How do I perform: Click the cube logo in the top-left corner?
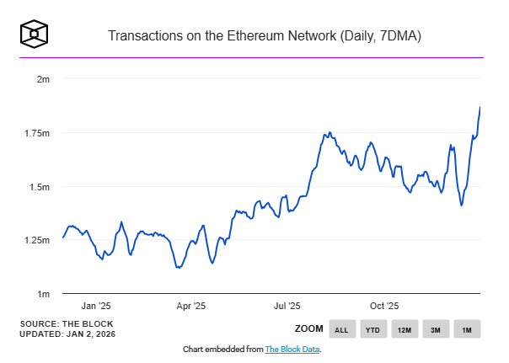[x=35, y=35]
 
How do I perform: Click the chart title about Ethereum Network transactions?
[x=265, y=36]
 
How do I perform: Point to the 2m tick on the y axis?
[x=44, y=78]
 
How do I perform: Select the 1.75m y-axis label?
[x=38, y=133]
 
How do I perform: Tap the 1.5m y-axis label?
[x=40, y=186]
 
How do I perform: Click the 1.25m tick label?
[x=38, y=240]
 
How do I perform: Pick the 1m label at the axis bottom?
[x=44, y=294]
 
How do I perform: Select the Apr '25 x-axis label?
[x=193, y=307]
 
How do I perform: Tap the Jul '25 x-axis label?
[x=288, y=307]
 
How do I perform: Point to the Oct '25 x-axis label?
[x=385, y=307]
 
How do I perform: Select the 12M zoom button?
[x=405, y=329]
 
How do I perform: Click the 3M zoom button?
[x=436, y=329]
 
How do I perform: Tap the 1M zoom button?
[x=467, y=329]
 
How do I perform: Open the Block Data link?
[x=292, y=349]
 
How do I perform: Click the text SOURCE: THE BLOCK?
[x=66, y=323]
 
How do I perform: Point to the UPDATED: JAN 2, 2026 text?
[x=67, y=334]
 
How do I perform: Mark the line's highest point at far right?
[x=480, y=107]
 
